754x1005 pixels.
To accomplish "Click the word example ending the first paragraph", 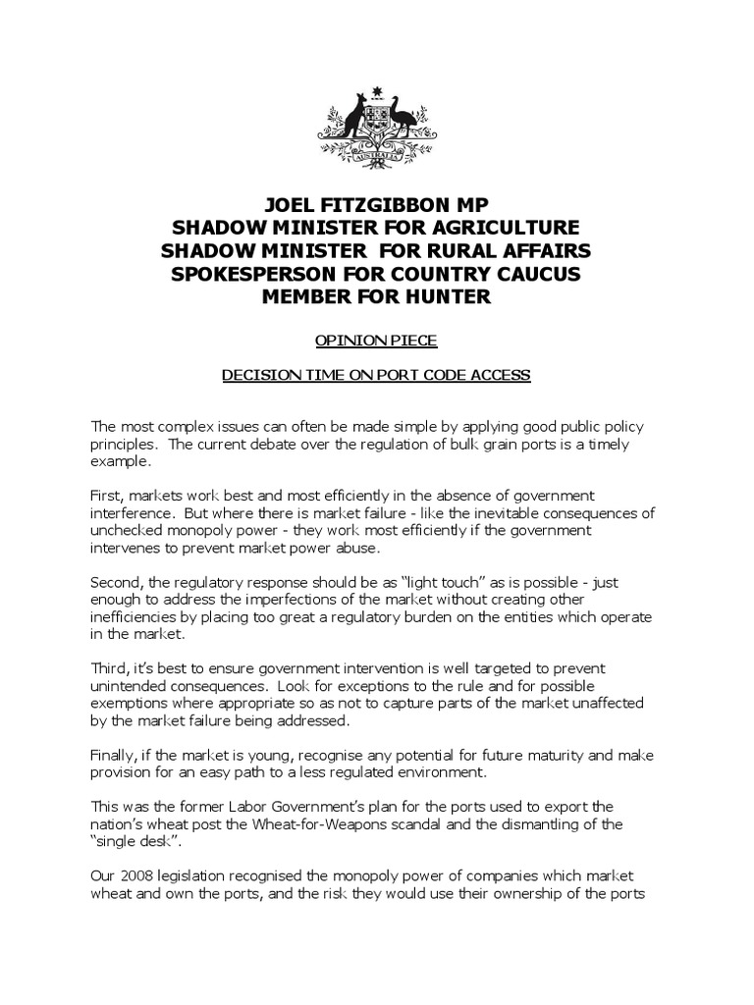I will tap(121, 460).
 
